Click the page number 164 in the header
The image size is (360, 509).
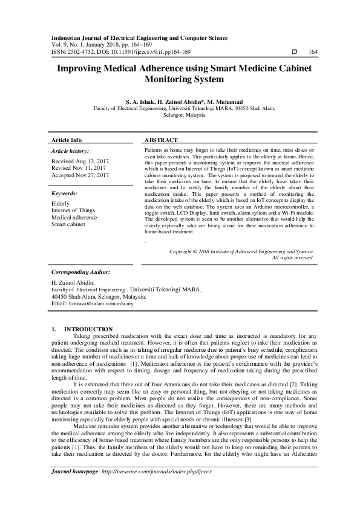[x=313, y=52]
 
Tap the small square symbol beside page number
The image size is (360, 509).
[x=294, y=52]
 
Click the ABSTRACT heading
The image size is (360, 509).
[x=162, y=140]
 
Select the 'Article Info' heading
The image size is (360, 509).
[x=67, y=140]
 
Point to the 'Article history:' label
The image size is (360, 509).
[x=70, y=151]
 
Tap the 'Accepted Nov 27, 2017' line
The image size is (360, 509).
[x=80, y=175]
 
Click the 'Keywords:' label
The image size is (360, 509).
[x=64, y=193]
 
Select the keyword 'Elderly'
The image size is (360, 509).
[x=61, y=204]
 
